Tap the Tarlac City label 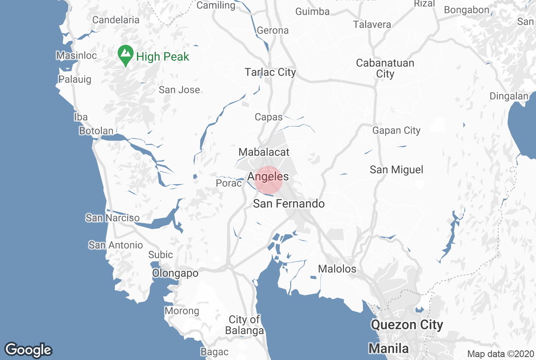[270, 72]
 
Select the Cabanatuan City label [385, 68]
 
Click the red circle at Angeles [269, 180]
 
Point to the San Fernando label [289, 204]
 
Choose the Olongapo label [175, 273]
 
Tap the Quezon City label [407, 324]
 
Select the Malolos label [337, 269]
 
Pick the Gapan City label [396, 131]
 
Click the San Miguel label [396, 170]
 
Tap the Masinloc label [77, 55]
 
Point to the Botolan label [96, 131]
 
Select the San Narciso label [113, 218]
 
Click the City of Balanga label [245, 325]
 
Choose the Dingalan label [509, 96]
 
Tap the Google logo [28, 350]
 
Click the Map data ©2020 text [500, 354]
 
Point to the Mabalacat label [264, 152]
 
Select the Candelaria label [116, 20]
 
